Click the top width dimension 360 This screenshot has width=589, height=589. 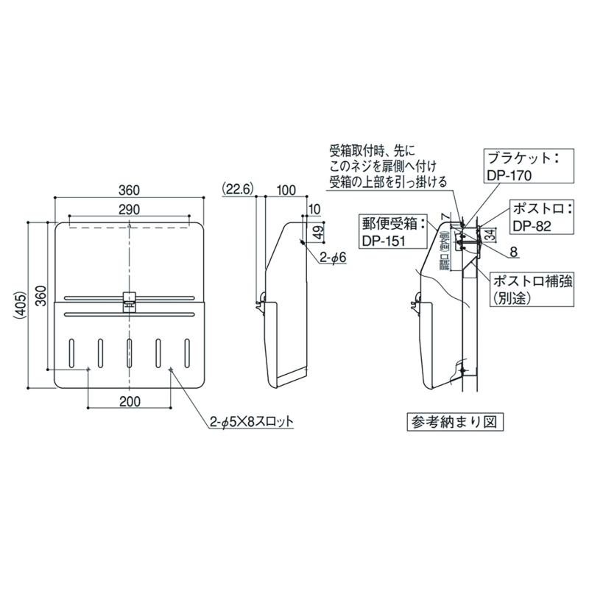pos(130,190)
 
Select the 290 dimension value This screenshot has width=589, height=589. pos(130,210)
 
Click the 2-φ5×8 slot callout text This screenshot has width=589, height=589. pos(250,422)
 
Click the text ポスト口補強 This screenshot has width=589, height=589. pos(527,281)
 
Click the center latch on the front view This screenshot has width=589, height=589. pos(129,298)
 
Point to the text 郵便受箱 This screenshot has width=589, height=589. pos(385,222)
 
